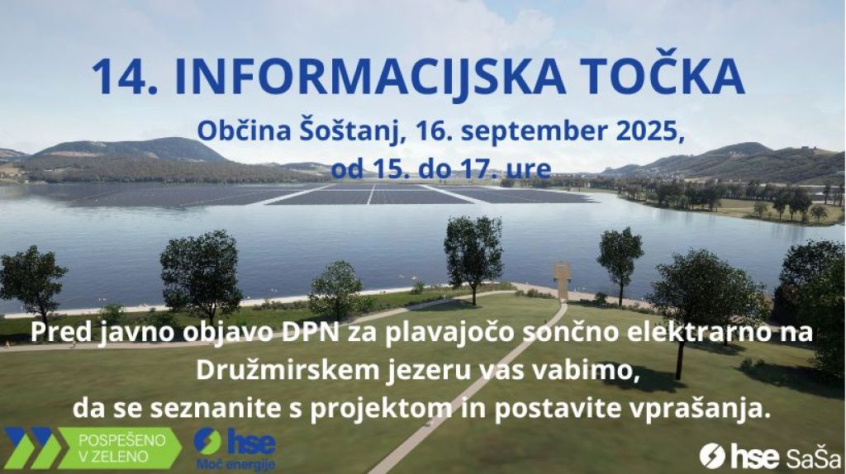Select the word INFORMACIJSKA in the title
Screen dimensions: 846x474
coord(370,77)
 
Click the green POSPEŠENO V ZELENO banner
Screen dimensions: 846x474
coord(119,448)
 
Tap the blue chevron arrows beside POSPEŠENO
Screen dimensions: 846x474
coord(31,448)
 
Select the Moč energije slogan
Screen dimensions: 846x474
coord(235,464)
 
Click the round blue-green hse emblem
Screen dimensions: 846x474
coord(207,441)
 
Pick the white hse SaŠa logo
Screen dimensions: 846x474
coord(771,456)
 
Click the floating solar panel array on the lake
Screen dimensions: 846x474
coord(345,194)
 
